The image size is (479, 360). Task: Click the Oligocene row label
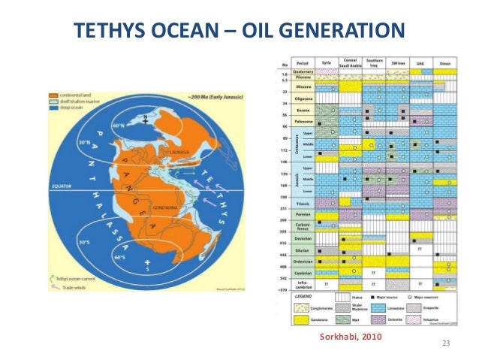303,97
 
